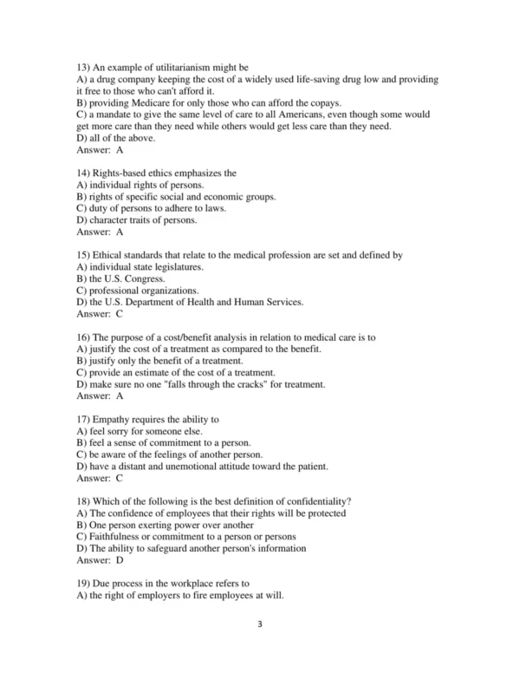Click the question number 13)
85,67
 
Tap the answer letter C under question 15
120,314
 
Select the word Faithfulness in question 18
117,537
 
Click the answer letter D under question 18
120,560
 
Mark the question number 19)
85,584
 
